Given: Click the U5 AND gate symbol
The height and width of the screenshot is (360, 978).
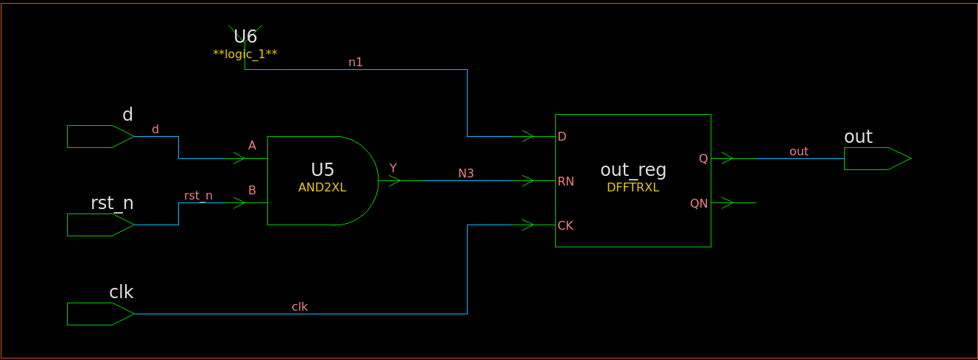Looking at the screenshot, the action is [323, 180].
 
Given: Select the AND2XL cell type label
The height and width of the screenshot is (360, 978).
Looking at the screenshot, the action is [323, 188].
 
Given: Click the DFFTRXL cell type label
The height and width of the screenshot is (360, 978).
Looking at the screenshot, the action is [633, 188].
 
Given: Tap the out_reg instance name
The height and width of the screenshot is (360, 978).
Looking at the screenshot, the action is [633, 170].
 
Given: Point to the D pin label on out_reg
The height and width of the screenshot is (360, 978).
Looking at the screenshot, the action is [562, 137].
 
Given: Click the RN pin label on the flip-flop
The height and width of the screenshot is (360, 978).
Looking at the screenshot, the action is [566, 182].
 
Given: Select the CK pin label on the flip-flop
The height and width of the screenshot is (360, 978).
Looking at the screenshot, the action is [566, 225].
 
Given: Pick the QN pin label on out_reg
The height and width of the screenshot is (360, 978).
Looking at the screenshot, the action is [699, 203].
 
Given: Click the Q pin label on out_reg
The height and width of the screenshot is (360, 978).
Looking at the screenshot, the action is [703, 159].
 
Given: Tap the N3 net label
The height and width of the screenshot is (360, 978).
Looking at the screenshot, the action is [466, 174].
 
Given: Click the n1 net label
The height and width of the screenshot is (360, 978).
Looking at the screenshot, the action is [356, 63].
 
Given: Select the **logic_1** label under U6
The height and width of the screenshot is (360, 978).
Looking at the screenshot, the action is [245, 54].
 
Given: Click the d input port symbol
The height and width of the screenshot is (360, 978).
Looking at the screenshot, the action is [101, 137].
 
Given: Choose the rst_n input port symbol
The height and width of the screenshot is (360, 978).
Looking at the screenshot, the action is [101, 225].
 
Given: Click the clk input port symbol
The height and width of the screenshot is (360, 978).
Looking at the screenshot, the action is [101, 314].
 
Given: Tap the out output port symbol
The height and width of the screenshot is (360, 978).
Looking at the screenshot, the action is [878, 159].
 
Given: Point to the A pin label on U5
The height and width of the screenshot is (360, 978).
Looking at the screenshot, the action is [252, 146].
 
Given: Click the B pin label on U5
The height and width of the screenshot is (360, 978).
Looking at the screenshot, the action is [252, 190].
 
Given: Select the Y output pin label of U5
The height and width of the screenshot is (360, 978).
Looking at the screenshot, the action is [393, 169].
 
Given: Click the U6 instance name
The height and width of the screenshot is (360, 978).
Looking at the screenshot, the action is [245, 37].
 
